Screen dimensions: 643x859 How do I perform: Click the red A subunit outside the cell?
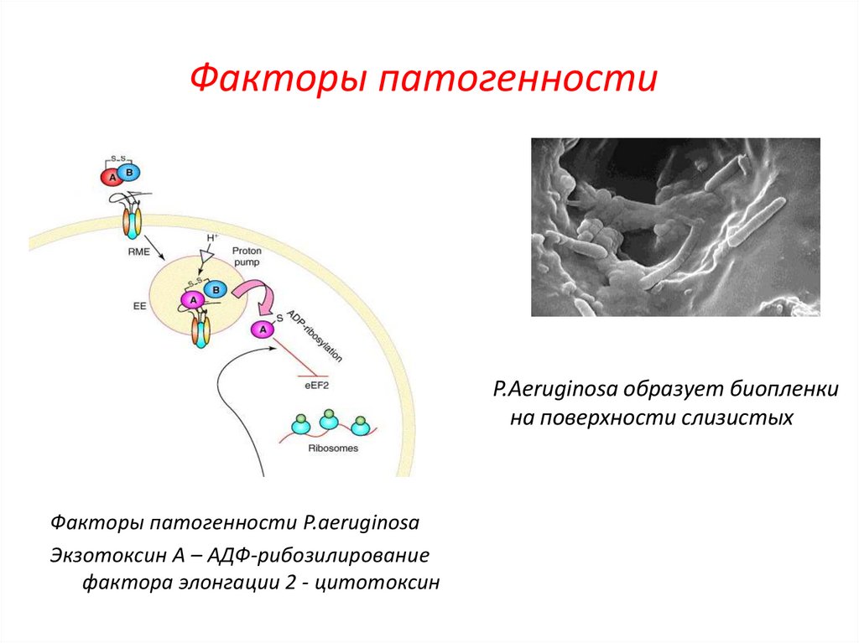[x=111, y=177]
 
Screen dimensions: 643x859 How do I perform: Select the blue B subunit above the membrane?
[x=130, y=173]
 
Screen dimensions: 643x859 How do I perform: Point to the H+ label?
[x=211, y=238]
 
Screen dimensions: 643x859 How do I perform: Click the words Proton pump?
[x=247, y=257]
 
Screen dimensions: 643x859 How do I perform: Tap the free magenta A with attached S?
[x=263, y=329]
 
